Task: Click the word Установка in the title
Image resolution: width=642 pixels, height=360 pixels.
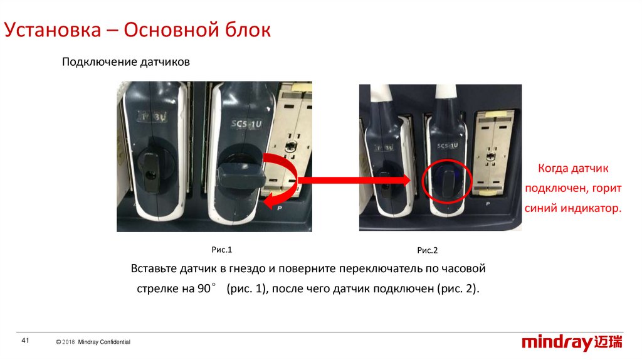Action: coord(53,30)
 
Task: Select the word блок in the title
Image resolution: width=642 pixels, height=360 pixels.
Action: coord(248,30)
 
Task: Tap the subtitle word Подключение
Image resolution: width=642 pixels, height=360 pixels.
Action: coord(100,62)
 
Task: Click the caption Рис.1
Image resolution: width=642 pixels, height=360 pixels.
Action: coord(221,250)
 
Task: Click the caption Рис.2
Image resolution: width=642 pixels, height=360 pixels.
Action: coord(428,250)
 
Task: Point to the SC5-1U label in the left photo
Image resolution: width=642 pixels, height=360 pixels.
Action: coord(246,124)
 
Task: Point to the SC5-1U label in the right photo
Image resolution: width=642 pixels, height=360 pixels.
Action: coord(448,146)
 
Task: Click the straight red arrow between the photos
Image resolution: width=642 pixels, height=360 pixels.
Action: coord(354,180)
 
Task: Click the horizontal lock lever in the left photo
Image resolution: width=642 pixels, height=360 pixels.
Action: coord(241,176)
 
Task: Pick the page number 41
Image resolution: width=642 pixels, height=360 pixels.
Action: coord(25,341)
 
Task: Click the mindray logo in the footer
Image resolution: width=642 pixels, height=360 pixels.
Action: coord(572,342)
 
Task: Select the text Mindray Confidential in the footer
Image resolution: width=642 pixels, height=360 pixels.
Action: coord(104,342)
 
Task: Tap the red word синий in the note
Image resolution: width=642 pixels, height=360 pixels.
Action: coord(541,208)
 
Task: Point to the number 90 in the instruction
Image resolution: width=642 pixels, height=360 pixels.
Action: coord(204,289)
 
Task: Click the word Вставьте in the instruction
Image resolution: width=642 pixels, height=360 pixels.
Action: coord(154,268)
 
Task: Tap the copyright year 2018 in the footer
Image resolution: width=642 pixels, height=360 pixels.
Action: coord(68,342)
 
